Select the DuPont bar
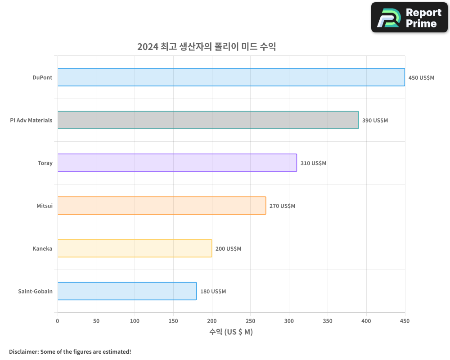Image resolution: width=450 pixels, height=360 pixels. pos(231,77)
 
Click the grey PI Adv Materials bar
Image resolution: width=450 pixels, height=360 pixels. pos(208,120)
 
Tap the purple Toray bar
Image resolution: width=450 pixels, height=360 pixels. pos(177,163)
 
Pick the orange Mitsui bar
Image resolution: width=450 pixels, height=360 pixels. pos(162,206)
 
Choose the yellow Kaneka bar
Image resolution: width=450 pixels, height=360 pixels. pos(135,248)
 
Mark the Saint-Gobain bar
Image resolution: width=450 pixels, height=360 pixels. pos(127,291)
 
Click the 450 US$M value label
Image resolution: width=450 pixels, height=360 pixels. pos(421,77)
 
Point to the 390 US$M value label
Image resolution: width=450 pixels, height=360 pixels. pos(375,120)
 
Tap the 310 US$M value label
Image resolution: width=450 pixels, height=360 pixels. pos(313,163)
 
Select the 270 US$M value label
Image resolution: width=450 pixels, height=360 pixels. pos(282,206)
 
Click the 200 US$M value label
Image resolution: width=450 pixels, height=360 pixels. pos(228,248)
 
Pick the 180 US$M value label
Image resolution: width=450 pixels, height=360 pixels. pos(213,291)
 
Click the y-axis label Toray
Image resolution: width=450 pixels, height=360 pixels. pos(45,163)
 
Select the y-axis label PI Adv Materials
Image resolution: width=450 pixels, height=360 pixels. pos(31,120)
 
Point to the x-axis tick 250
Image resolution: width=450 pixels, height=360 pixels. pos(250,321)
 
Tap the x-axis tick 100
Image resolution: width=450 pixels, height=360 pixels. pos(135,321)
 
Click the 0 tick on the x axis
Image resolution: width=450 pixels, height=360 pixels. pos(58,321)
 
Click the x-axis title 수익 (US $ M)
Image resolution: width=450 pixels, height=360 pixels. pos(231,332)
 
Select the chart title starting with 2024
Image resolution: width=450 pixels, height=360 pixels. pos(207,47)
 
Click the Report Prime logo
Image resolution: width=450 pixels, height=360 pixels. pos(409,18)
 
